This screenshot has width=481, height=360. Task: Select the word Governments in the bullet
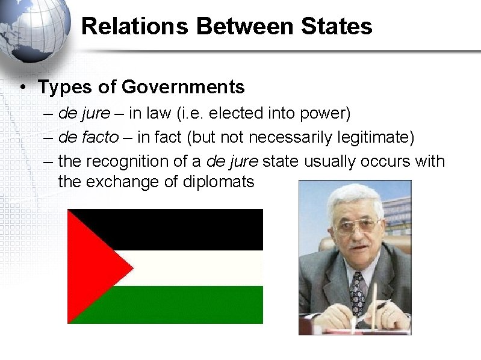(x=183, y=87)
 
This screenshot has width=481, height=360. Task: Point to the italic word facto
(x=98, y=137)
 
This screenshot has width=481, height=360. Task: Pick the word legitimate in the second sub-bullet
(x=373, y=137)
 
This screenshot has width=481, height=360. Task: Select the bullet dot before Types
(x=22, y=88)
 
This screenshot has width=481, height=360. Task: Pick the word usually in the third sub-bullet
(x=329, y=161)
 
